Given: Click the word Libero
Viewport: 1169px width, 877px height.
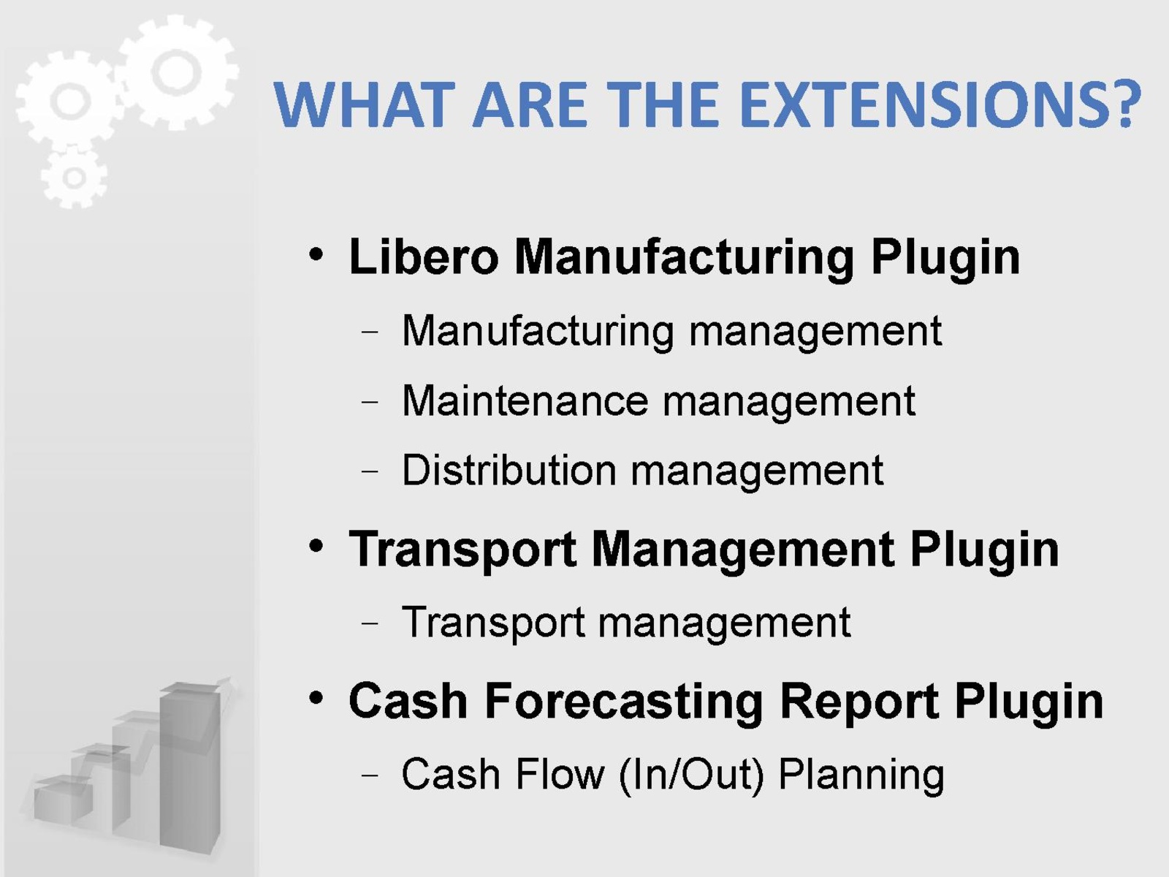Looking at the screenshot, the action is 424,256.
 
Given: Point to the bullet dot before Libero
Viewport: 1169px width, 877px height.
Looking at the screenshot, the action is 316,254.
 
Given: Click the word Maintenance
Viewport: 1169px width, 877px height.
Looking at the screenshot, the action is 525,400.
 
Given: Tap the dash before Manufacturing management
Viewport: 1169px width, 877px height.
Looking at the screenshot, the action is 370,331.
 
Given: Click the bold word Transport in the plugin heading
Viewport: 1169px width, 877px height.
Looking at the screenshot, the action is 462,550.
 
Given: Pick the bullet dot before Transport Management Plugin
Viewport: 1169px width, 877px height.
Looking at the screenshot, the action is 316,546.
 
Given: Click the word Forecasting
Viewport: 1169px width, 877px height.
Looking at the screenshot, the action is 624,702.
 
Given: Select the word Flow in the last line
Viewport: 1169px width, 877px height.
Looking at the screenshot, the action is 560,774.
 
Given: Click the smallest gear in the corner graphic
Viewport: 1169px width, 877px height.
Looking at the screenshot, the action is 74,178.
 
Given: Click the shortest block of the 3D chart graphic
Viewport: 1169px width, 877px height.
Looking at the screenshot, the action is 54,799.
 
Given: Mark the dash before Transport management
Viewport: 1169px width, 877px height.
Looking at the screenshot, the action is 370,622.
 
